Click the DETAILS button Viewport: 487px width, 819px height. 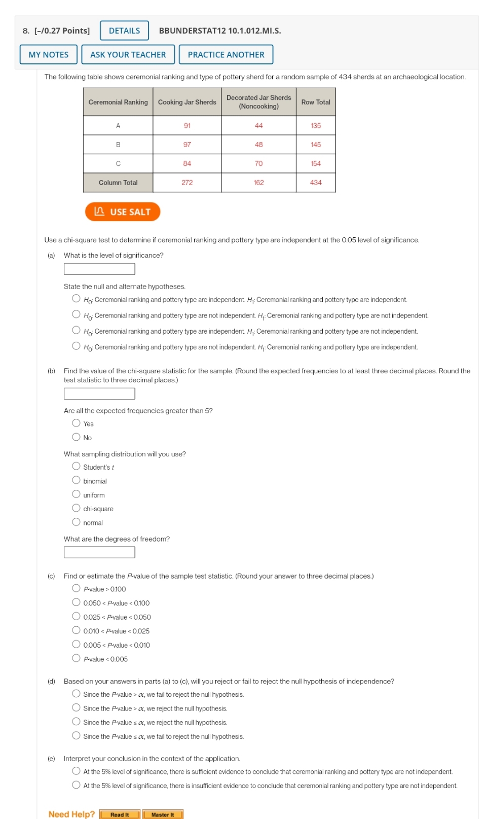click(124, 30)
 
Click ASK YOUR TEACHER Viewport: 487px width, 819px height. click(128, 54)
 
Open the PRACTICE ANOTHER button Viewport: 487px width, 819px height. click(226, 54)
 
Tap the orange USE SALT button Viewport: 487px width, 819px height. click(123, 211)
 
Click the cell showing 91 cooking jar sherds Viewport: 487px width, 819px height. click(187, 125)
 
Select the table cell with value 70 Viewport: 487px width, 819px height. click(258, 163)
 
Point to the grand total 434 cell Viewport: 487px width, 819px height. click(315, 183)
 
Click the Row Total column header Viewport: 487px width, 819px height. click(315, 102)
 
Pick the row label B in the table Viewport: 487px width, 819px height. click(118, 145)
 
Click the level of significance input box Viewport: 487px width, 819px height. click(99, 269)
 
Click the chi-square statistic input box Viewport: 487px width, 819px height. click(99, 394)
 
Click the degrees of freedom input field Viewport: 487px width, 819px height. click(99, 552)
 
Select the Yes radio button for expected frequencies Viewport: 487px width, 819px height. click(76, 423)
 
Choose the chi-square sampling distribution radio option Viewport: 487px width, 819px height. click(76, 508)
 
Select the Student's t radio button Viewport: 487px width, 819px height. click(76, 466)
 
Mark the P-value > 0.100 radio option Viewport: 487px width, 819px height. click(76, 588)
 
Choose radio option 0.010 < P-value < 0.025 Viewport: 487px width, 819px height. click(76, 630)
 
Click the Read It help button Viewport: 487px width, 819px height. click(120, 814)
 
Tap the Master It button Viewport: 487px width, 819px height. click(163, 814)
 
